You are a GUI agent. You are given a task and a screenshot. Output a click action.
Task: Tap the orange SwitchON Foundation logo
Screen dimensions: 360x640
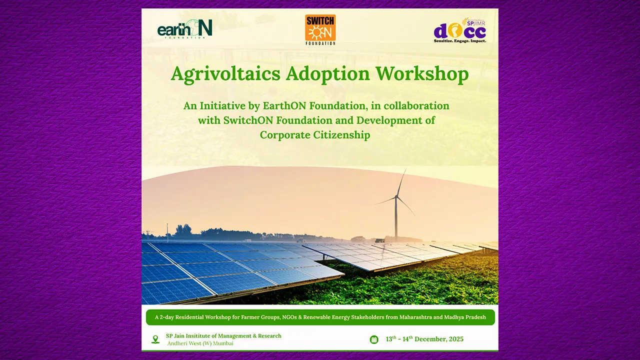tap(320, 29)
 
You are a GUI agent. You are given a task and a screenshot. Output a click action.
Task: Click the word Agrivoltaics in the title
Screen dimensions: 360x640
tap(225, 74)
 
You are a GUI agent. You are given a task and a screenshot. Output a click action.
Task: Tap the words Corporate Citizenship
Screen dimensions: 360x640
tap(315, 135)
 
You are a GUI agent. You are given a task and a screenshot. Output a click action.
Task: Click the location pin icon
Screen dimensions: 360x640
tap(155, 339)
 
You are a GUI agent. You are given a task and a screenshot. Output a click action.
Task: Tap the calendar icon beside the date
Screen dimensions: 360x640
tap(374, 339)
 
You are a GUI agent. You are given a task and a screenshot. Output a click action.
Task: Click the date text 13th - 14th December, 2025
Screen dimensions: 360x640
tap(424, 339)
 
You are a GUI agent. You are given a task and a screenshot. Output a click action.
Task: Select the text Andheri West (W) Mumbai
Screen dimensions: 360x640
tap(200, 343)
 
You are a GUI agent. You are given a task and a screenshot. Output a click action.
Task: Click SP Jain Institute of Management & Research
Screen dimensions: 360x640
tap(223, 336)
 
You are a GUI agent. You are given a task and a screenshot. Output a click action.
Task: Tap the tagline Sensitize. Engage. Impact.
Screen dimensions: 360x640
tap(459, 41)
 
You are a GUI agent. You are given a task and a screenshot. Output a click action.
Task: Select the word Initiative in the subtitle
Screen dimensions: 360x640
tap(222, 106)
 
